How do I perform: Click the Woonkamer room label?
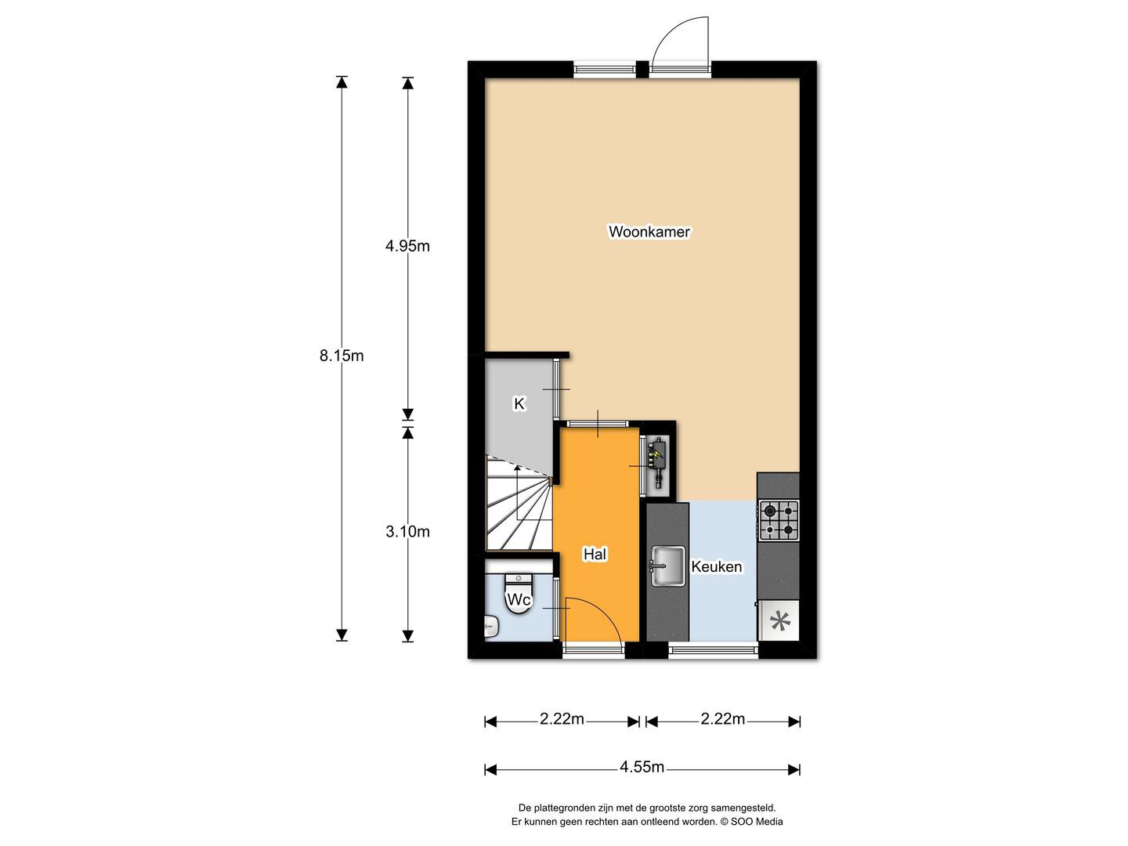(649, 232)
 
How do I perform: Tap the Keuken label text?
(717, 566)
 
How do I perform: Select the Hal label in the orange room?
(595, 555)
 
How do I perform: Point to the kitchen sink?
(668, 566)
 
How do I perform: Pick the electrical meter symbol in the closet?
(657, 462)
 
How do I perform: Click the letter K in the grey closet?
(519, 403)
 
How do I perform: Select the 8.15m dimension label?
(342, 356)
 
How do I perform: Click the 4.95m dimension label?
(407, 246)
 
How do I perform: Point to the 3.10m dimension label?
(407, 532)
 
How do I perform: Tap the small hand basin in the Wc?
(491, 627)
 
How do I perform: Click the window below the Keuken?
(714, 650)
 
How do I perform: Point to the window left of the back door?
(604, 69)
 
